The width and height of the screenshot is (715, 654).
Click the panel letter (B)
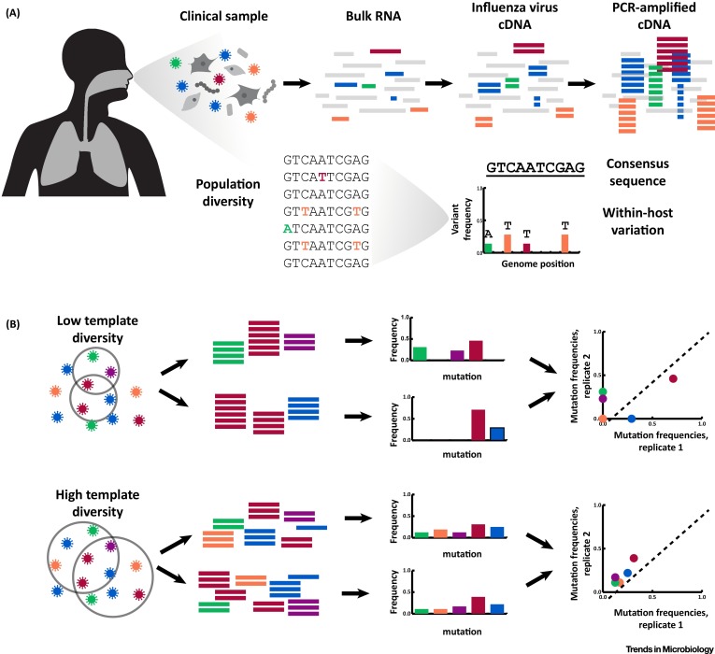(x=15, y=325)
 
